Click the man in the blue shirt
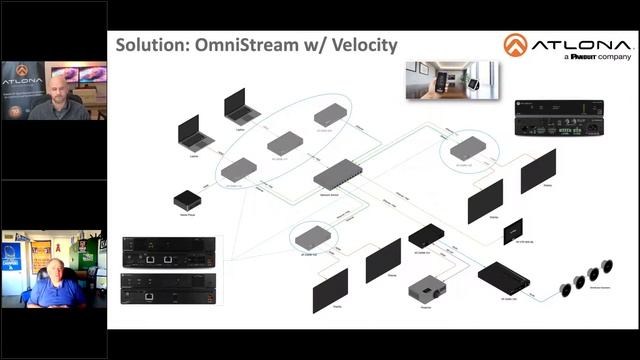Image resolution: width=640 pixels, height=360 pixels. tap(56, 281)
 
